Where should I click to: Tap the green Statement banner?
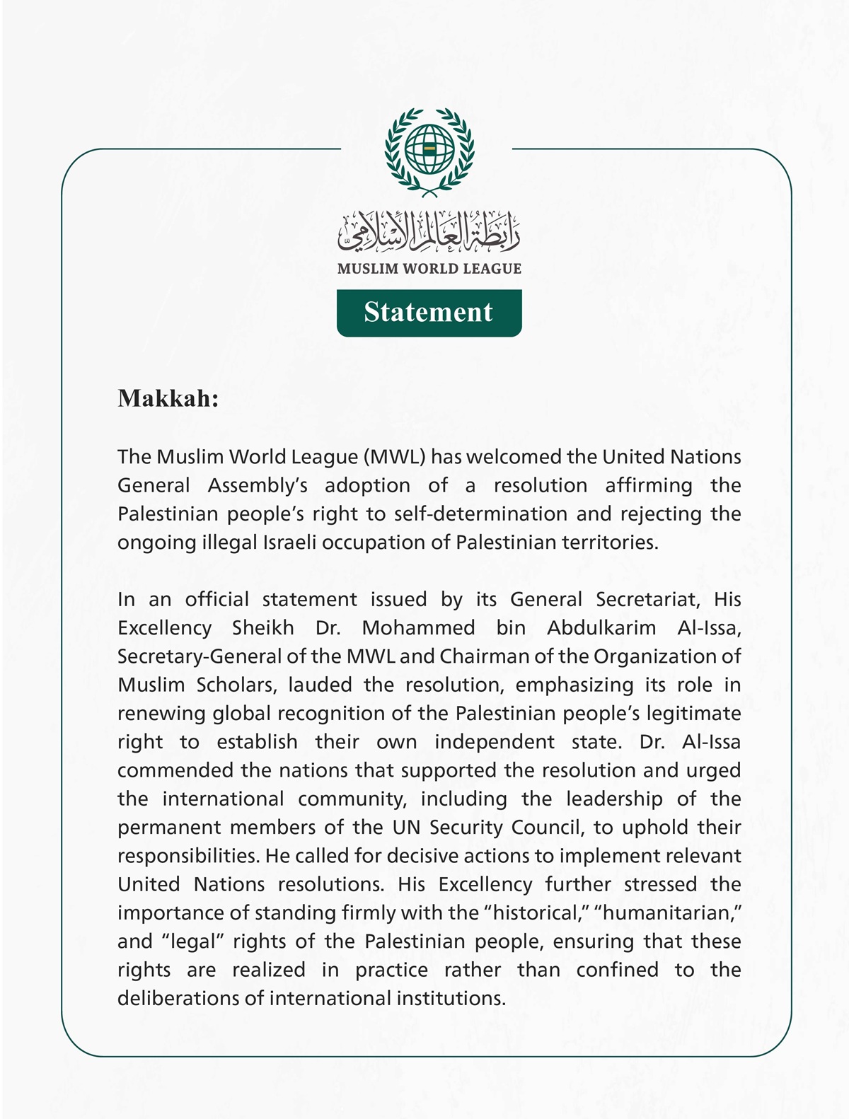(x=429, y=312)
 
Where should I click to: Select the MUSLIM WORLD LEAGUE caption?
(x=429, y=269)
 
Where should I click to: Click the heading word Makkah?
(x=168, y=398)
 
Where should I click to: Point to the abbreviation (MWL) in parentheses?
(x=395, y=457)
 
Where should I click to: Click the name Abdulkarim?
(x=601, y=628)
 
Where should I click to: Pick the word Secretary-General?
(x=200, y=656)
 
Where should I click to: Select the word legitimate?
(x=688, y=714)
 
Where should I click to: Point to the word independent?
(x=495, y=742)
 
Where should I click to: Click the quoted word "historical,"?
(x=536, y=913)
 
